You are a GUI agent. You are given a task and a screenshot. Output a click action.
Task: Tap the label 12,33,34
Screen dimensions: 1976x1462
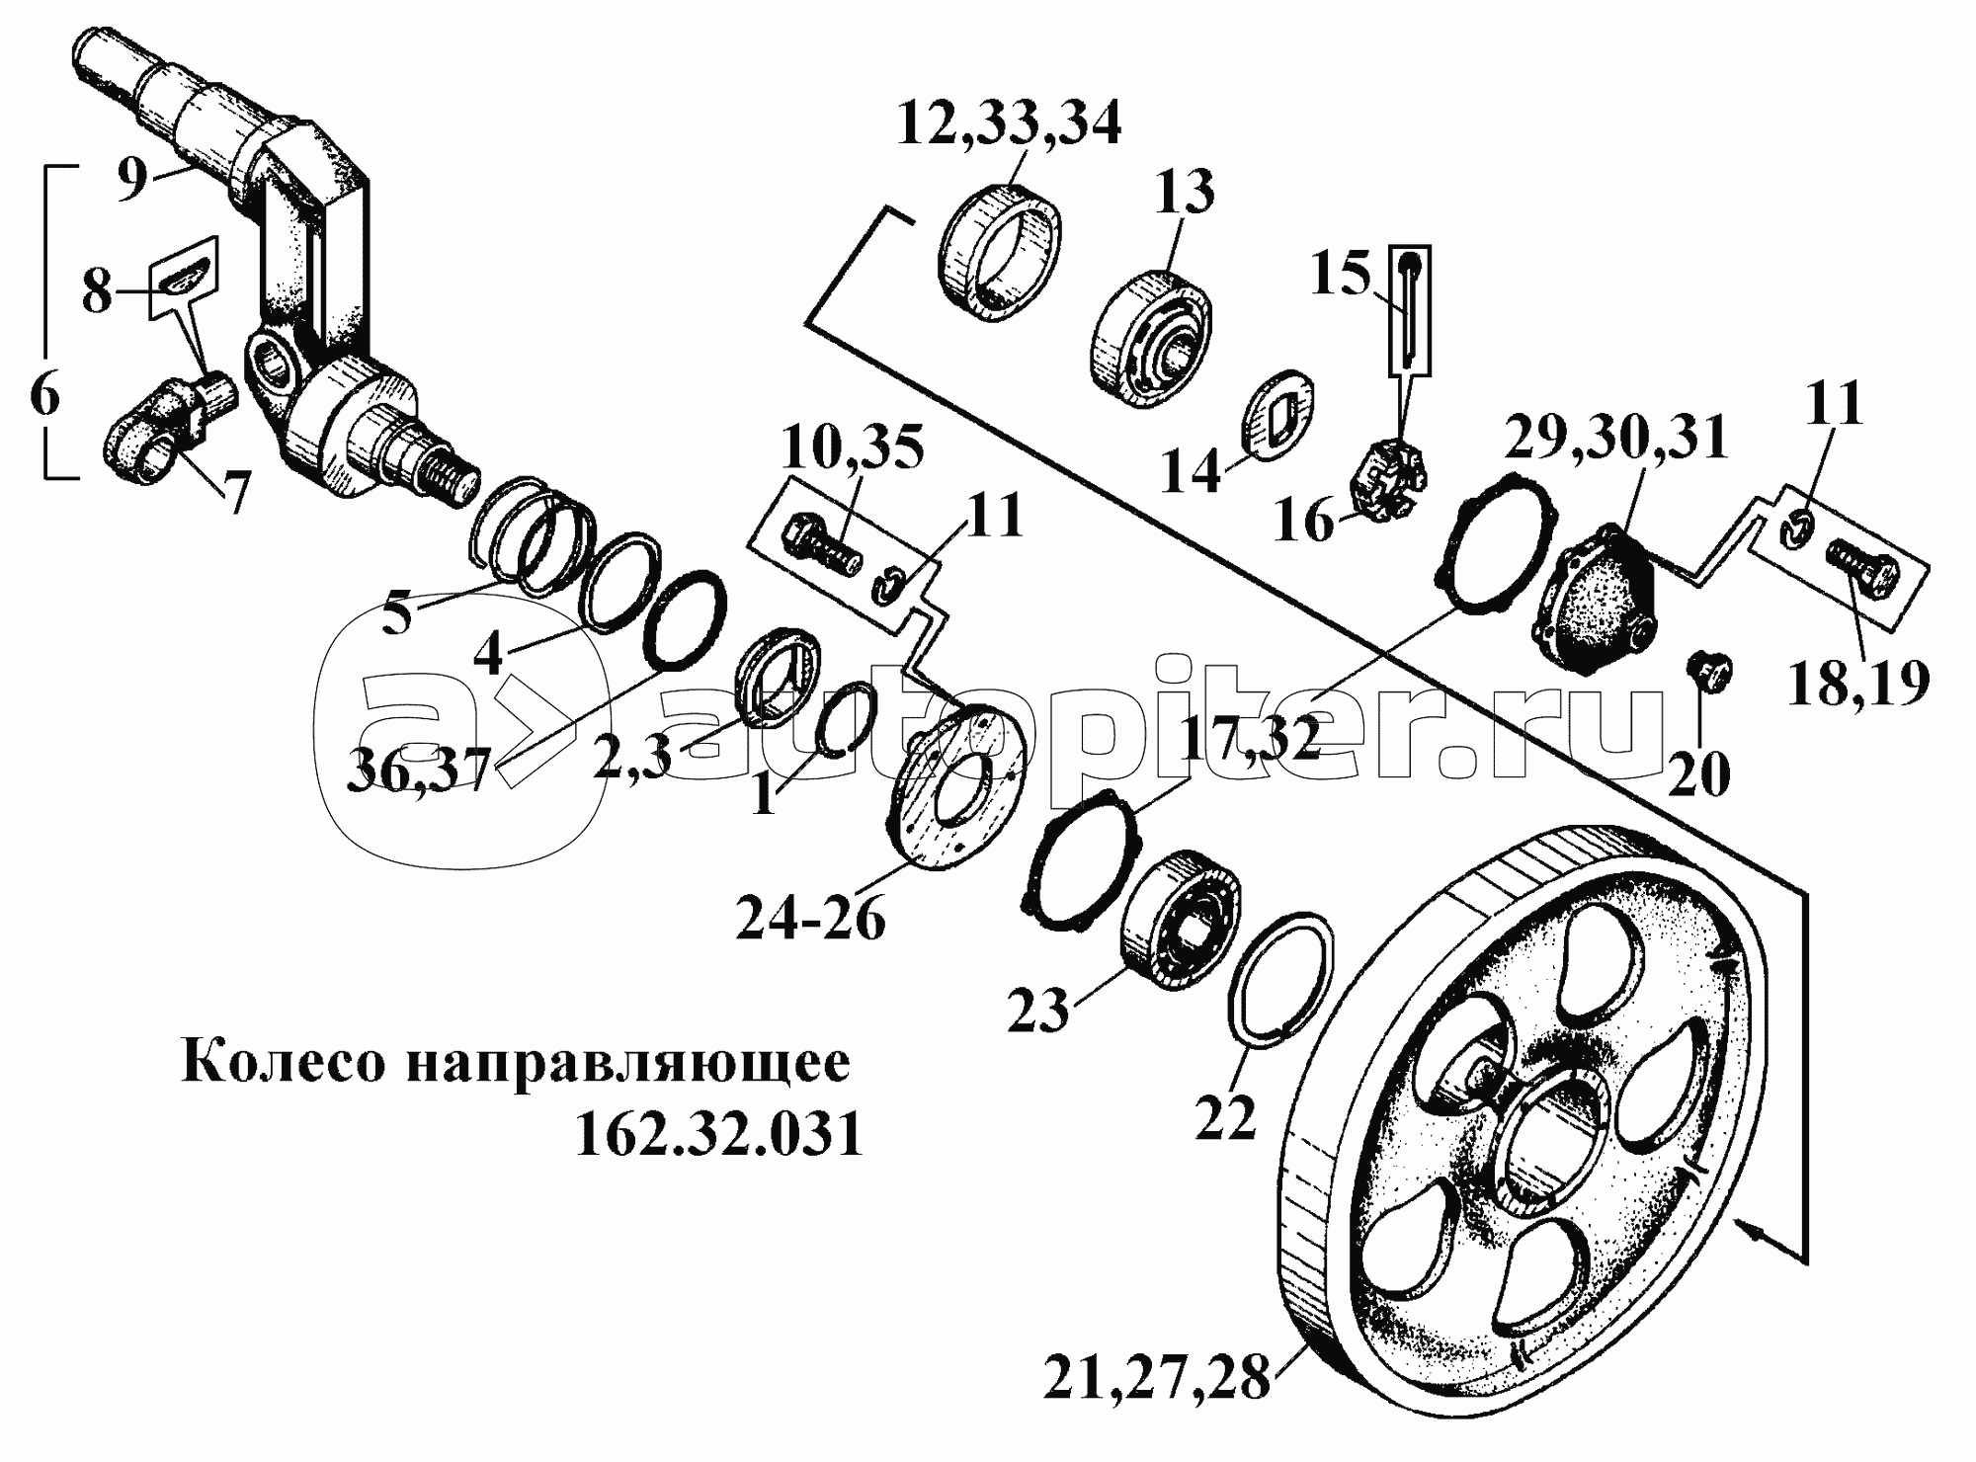tap(1009, 124)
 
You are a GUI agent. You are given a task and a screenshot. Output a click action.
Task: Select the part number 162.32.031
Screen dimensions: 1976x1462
tap(719, 1135)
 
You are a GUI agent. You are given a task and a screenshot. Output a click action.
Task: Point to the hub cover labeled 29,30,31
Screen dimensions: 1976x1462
tap(1591, 602)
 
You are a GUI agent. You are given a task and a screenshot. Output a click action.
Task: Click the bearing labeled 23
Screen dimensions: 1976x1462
tap(1186, 914)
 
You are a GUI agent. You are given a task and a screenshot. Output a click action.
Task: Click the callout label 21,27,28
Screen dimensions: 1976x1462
tap(1156, 1378)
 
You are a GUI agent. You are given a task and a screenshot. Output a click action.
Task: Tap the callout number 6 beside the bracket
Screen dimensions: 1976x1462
tap(44, 395)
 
